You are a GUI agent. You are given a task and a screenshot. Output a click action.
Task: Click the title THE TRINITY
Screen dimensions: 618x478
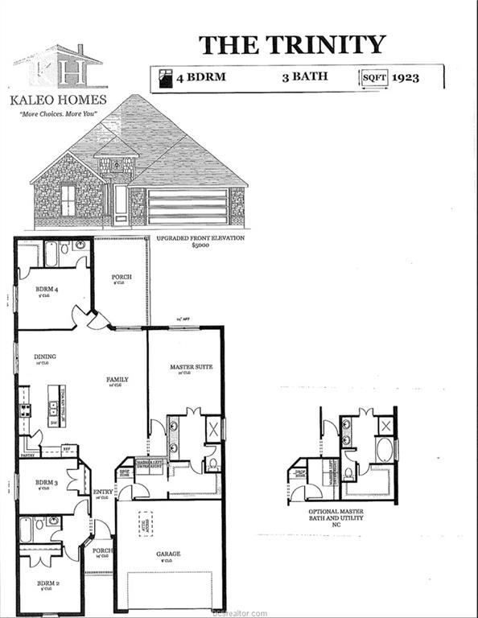292,44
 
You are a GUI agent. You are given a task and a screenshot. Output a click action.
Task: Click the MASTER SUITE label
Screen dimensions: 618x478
191,367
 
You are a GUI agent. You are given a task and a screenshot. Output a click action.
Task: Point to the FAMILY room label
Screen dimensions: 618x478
117,380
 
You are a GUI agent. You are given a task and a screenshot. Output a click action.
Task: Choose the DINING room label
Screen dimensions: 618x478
44,356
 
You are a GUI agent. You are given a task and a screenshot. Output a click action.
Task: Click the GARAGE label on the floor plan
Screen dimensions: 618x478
168,554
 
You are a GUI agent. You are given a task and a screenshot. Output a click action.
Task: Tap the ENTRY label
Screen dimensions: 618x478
102,492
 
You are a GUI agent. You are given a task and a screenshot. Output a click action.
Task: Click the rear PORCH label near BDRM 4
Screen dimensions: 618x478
122,277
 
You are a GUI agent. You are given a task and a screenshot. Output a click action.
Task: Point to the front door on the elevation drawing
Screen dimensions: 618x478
121,203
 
